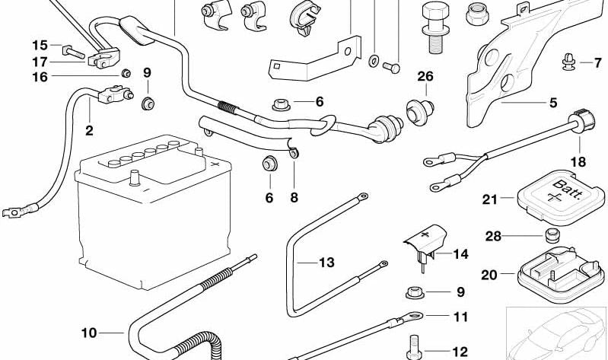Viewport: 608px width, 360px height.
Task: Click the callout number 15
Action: [x=40, y=46]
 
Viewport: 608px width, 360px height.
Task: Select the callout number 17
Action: [x=40, y=62]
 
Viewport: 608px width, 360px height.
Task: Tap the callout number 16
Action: [x=40, y=77]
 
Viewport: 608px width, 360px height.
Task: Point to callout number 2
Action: [x=89, y=131]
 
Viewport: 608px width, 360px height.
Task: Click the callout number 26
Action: [x=425, y=76]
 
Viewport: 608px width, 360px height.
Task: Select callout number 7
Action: [x=586, y=62]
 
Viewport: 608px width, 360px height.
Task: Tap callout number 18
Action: [x=580, y=162]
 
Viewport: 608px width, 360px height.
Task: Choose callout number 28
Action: [x=494, y=237]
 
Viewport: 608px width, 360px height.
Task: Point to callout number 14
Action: [x=461, y=253]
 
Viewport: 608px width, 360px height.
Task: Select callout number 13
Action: [x=326, y=263]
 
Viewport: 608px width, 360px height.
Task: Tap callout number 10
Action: [x=90, y=333]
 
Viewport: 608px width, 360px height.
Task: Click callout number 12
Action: [x=460, y=352]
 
